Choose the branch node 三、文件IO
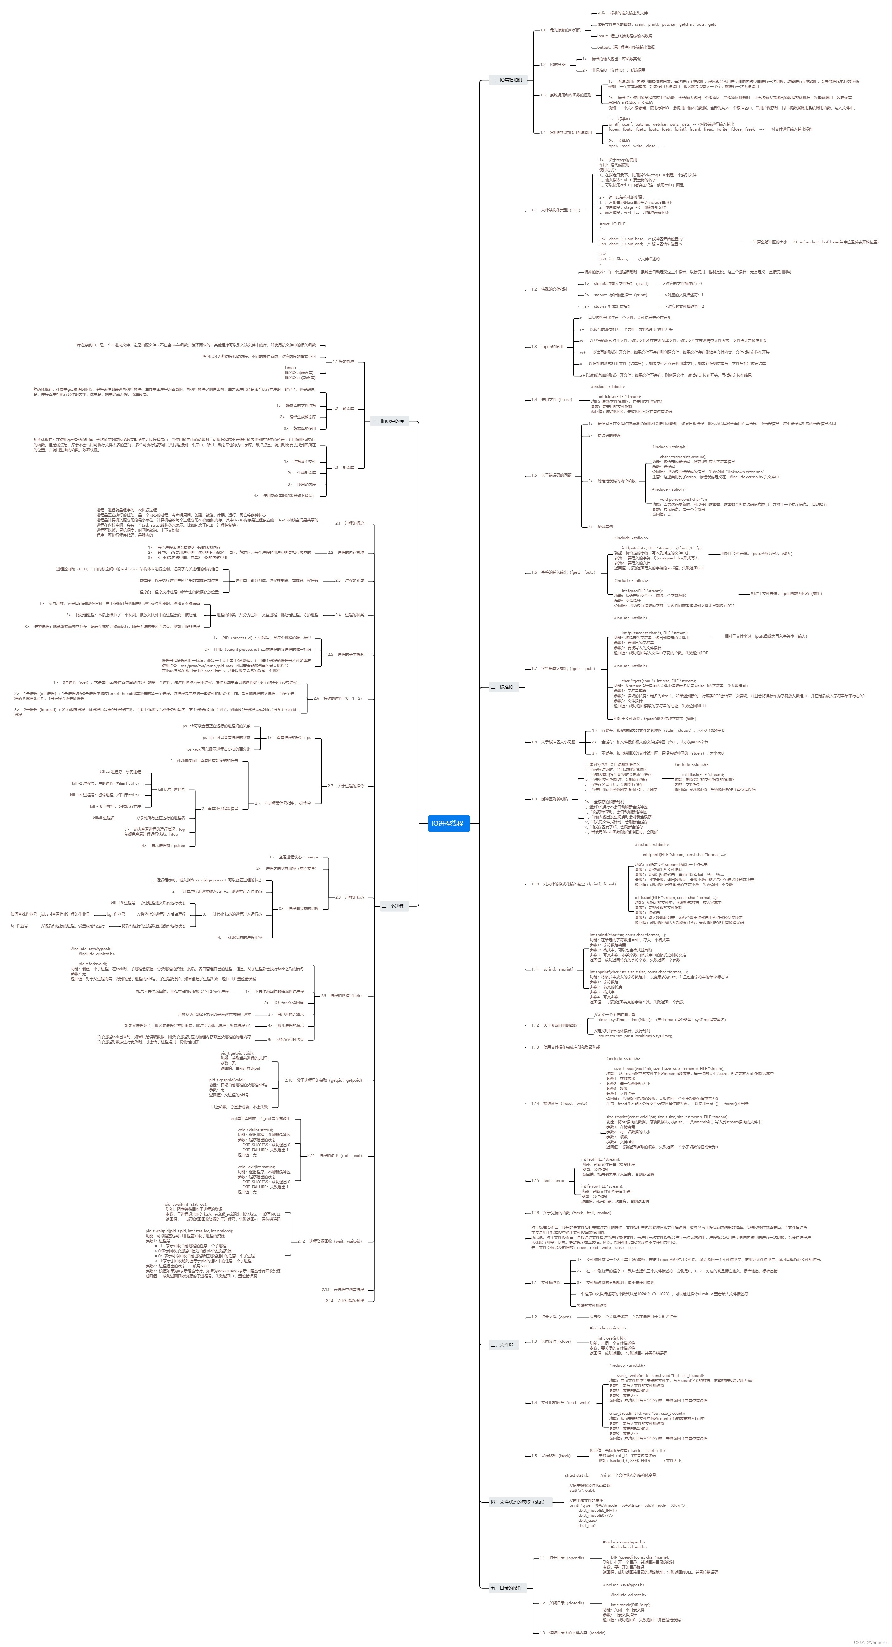[502, 1345]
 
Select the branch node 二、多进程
[393, 906]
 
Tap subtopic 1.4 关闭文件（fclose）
[552, 400]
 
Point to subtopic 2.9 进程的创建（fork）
[341, 996]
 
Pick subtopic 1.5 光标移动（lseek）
[551, 1456]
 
